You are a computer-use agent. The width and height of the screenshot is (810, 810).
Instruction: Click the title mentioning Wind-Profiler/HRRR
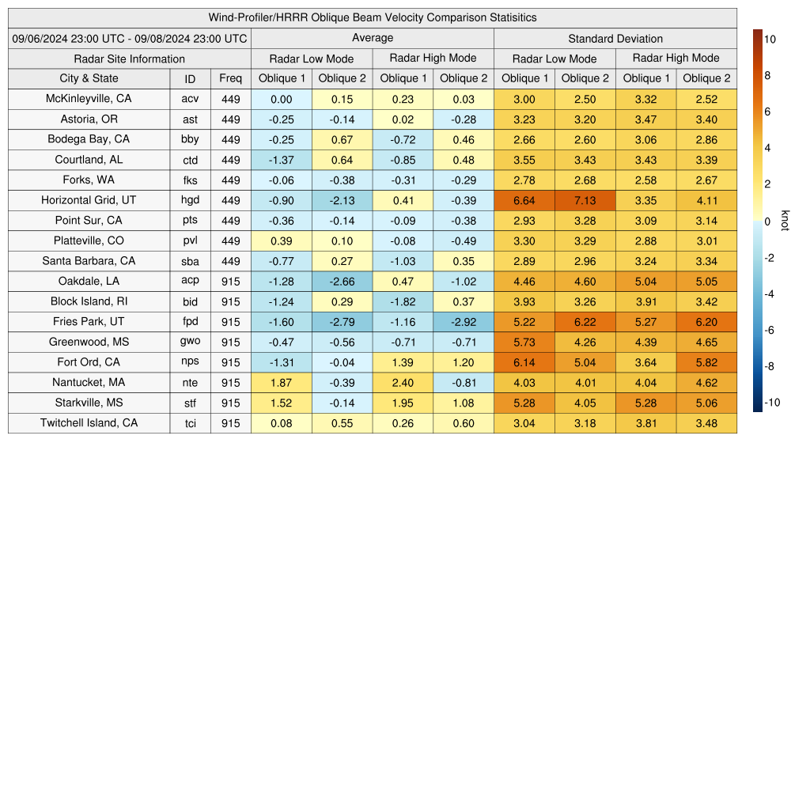click(373, 17)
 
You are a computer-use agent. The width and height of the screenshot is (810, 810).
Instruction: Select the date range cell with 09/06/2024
click(130, 38)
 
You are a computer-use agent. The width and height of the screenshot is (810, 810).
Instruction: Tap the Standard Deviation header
click(615, 38)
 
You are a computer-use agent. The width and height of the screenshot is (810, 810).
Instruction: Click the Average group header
click(373, 38)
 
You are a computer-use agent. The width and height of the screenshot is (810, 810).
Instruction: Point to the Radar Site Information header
click(130, 59)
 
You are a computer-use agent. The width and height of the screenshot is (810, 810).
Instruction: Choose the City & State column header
click(89, 78)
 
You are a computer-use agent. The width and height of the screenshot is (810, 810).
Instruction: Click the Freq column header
click(231, 78)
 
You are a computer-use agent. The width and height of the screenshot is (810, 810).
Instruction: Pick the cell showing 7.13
click(585, 200)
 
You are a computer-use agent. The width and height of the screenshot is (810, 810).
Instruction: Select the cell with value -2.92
click(464, 322)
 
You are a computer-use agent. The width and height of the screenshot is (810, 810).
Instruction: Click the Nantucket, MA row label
click(89, 383)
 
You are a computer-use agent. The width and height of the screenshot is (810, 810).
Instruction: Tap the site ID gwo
click(190, 342)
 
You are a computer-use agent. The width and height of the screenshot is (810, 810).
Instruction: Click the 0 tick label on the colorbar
click(768, 221)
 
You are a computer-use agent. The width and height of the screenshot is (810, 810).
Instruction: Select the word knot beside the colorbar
click(785, 221)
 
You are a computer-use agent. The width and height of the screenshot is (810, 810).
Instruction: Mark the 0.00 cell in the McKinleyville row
click(281, 99)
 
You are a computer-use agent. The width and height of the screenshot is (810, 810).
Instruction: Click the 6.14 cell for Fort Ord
click(524, 362)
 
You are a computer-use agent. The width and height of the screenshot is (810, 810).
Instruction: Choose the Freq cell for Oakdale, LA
click(231, 281)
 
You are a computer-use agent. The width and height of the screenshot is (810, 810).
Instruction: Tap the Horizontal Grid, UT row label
click(89, 200)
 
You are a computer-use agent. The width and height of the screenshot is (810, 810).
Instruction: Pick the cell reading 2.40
click(403, 383)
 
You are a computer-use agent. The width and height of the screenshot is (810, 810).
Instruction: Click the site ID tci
click(190, 423)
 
